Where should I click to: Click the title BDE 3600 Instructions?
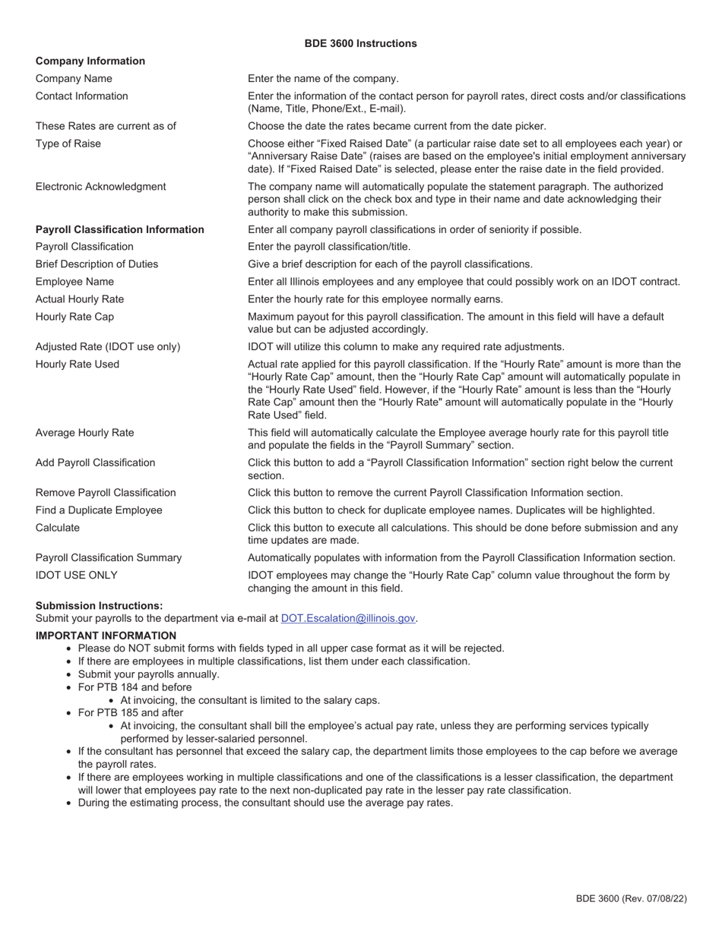pos(360,43)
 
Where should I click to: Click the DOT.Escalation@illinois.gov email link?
pos(348,618)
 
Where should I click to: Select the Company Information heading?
pos(90,61)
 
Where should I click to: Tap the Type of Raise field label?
pos(68,144)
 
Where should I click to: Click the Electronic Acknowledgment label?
pos(100,186)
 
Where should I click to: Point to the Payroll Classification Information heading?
pos(119,229)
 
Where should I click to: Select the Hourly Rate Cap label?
pos(74,317)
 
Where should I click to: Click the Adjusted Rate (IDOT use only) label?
pos(108,346)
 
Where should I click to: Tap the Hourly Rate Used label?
pos(77,364)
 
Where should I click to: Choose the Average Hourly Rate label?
pos(84,433)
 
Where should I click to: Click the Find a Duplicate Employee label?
pos(99,510)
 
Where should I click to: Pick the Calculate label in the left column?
pos(57,528)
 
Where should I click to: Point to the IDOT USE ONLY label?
pos(76,576)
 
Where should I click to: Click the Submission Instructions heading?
pos(99,605)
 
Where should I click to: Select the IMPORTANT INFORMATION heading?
pos(106,636)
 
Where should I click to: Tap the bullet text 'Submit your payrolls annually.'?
pos(148,674)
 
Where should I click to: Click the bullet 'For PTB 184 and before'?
pos(135,687)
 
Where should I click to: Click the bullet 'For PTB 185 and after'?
pos(130,713)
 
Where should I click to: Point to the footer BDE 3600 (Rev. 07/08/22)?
pos(631,898)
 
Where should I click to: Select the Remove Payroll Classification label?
pos(106,493)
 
